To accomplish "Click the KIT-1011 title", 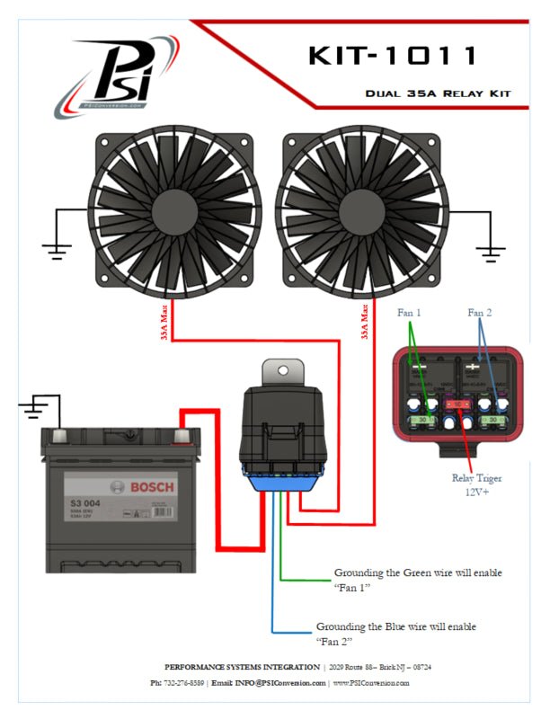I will tap(394, 56).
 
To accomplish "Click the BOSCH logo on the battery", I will tap(154, 487).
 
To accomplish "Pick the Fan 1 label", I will tap(410, 312).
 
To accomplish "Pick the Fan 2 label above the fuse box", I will tap(481, 312).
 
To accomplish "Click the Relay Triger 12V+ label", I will tap(476, 484).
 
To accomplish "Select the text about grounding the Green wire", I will tap(418, 580).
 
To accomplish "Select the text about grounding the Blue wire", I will tap(396, 634).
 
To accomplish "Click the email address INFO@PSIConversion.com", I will tap(281, 683).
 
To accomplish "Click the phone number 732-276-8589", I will tap(183, 683).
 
